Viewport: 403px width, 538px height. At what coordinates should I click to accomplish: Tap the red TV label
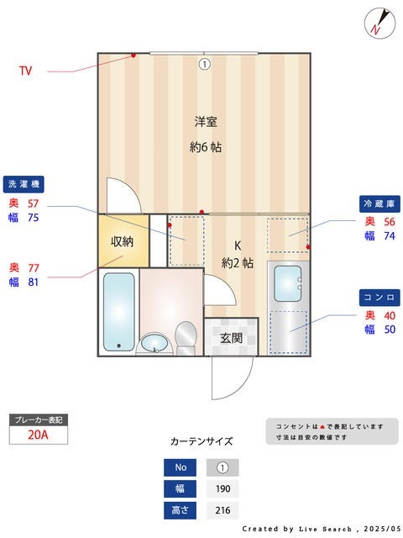coord(27,71)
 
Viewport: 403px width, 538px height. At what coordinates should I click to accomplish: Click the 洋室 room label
coord(206,122)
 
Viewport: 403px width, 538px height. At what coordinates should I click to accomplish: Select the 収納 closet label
coord(123,241)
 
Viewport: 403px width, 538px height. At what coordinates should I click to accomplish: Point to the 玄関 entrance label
coord(232,338)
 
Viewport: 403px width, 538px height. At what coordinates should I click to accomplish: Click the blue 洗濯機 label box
coord(24,183)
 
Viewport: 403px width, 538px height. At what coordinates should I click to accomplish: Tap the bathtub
coord(118,311)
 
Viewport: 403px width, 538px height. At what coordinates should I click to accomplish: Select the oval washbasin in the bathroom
coord(154,343)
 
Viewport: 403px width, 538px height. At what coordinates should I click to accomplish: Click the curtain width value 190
coord(222,489)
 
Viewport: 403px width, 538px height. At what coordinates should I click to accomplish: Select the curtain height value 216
coord(222,510)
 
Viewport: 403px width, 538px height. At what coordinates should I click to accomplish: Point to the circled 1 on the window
coord(204,63)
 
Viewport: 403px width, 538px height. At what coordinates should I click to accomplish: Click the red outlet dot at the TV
coord(133,56)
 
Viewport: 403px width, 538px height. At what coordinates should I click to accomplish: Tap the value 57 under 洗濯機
coord(34,203)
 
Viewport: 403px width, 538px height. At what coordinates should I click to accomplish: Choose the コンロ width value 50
coord(390,329)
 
